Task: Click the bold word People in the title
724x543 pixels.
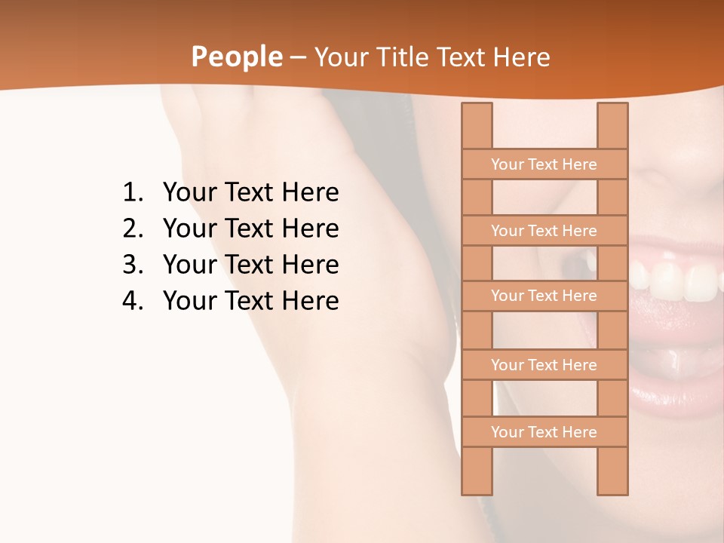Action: [x=236, y=57]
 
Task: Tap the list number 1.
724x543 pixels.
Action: [x=132, y=193]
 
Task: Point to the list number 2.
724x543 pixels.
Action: [x=132, y=229]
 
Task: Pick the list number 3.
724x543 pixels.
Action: [x=132, y=265]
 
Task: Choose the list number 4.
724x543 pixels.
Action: [x=132, y=301]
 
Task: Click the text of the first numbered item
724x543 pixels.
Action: [x=250, y=193]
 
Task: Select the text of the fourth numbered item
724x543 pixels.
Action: [x=250, y=301]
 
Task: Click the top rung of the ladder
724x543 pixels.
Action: [x=544, y=164]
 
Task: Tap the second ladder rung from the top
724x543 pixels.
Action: [x=544, y=231]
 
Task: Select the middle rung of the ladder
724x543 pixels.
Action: [x=544, y=296]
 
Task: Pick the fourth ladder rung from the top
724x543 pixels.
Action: [x=544, y=365]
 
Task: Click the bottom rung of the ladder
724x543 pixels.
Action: [x=544, y=432]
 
